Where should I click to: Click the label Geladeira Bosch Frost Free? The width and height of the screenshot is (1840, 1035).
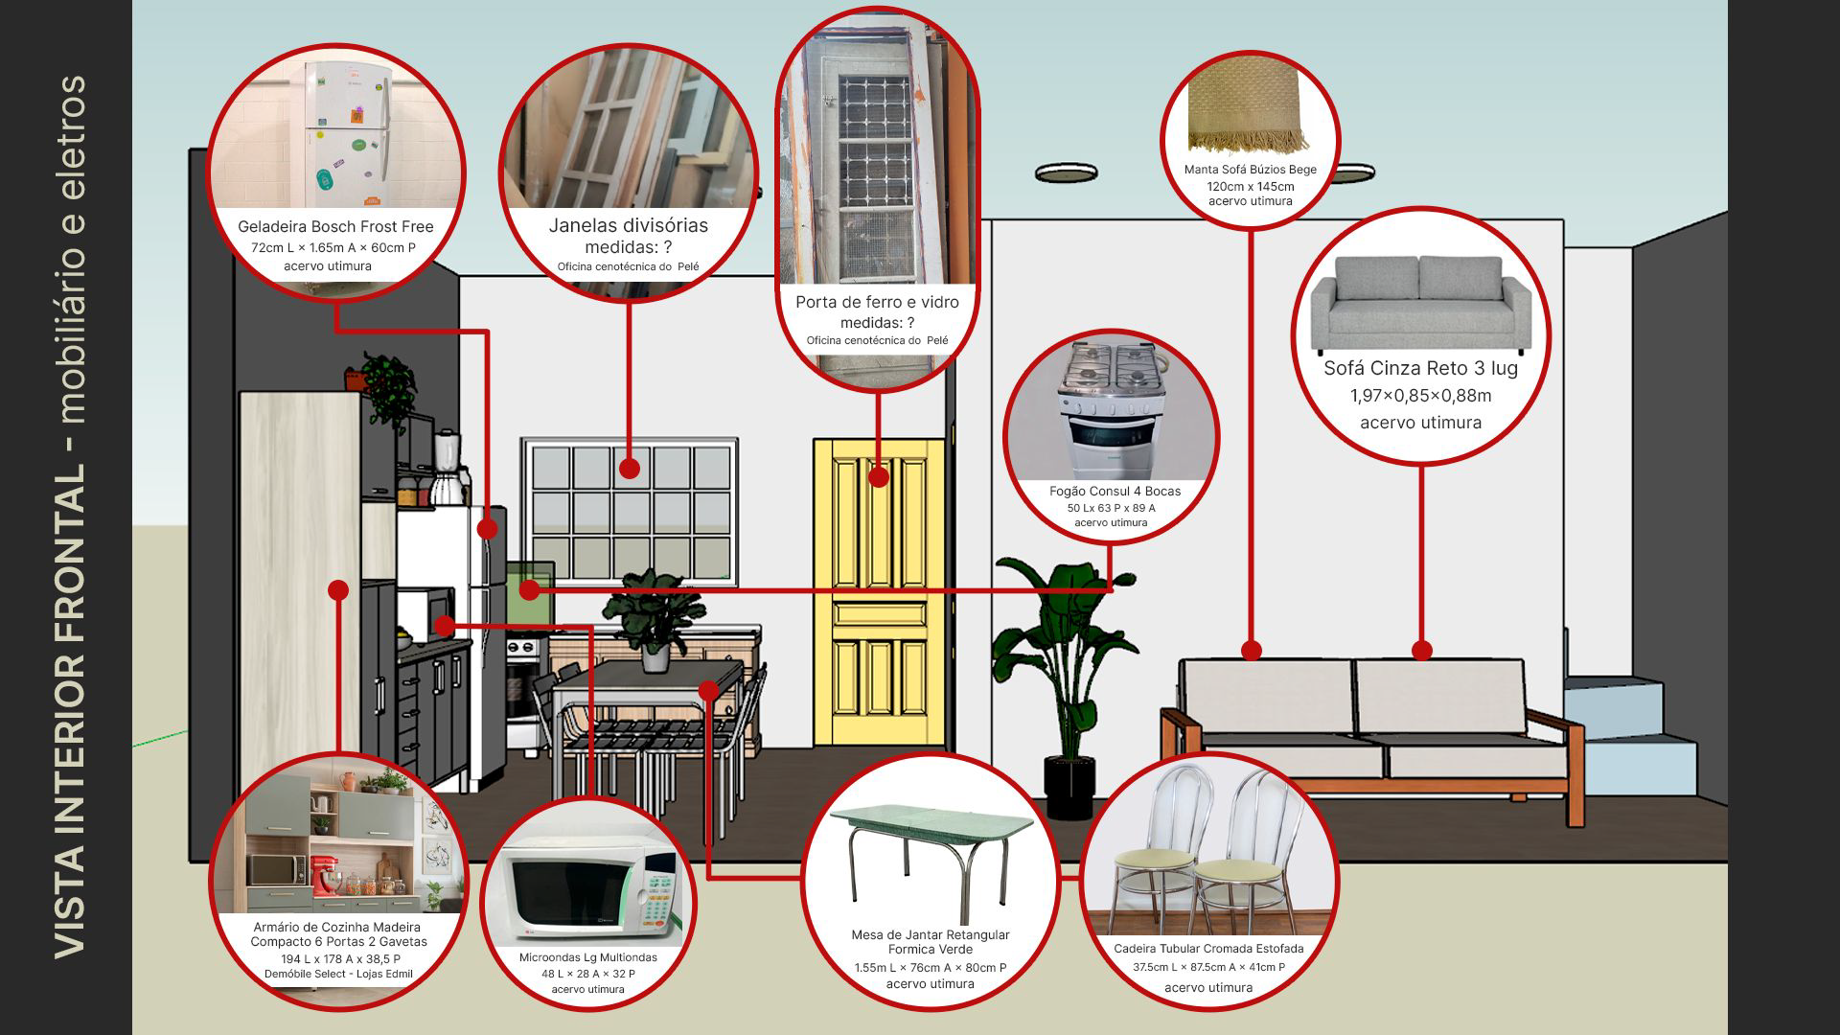tap(335, 227)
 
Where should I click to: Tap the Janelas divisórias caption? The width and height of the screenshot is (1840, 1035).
tap(628, 226)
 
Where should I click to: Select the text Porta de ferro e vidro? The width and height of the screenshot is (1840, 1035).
tap(877, 303)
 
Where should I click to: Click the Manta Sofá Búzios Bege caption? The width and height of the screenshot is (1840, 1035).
tap(1250, 170)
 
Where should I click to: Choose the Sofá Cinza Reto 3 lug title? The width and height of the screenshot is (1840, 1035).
tap(1420, 368)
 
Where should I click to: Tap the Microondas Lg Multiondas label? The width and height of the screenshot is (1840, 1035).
tap(587, 957)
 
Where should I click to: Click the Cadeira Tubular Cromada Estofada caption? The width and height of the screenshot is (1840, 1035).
tap(1208, 949)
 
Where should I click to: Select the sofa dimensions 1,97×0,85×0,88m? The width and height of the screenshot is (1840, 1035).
tap(1420, 396)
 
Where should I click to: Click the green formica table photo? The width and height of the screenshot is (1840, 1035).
tap(930, 853)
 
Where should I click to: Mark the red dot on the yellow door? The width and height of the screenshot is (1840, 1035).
tap(879, 476)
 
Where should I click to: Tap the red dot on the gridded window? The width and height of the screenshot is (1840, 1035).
tap(629, 469)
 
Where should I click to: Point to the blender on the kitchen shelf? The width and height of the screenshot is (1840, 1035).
tap(447, 465)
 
